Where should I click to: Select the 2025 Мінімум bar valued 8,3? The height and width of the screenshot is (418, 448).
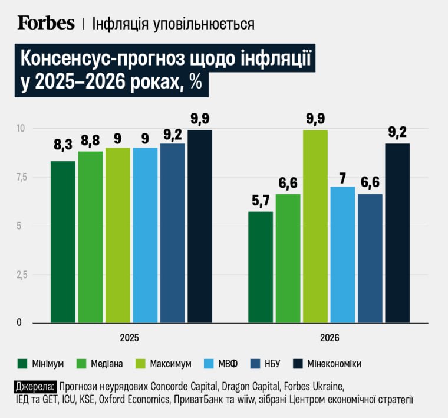[63, 242]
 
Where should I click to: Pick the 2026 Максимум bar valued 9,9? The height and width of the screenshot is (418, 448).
[315, 227]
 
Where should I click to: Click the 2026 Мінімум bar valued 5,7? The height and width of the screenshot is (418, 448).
[261, 267]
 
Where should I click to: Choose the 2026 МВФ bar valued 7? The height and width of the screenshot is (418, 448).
[342, 255]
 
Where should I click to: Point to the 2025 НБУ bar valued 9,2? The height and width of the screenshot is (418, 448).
[172, 233]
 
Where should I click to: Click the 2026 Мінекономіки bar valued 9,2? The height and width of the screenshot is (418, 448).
[397, 233]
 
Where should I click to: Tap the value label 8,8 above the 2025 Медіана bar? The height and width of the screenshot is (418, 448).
[90, 141]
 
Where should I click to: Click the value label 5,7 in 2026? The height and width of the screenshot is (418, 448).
[261, 201]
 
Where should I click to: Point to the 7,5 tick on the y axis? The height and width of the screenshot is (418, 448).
[21, 177]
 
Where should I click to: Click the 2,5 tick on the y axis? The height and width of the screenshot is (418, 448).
[21, 275]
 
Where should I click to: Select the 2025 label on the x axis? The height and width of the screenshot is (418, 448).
[130, 338]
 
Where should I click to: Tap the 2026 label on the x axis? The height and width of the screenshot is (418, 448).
[330, 338]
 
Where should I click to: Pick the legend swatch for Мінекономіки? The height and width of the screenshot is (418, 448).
[294, 363]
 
